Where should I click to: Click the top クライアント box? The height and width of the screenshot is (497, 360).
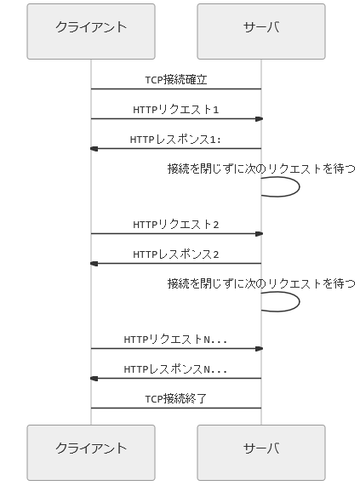[91, 31]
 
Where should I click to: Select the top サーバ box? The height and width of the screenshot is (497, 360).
[261, 31]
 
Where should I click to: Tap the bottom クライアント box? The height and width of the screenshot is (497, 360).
[91, 453]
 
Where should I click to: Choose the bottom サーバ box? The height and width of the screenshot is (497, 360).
[261, 453]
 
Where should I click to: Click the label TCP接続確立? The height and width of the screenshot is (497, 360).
[176, 79]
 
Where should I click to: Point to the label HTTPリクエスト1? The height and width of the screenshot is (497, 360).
[176, 109]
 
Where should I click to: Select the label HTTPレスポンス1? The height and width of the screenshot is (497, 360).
[175, 140]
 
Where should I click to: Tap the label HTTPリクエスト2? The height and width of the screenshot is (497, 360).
[176, 225]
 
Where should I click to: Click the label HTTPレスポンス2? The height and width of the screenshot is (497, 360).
[176, 254]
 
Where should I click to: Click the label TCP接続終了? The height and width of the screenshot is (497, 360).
[176, 399]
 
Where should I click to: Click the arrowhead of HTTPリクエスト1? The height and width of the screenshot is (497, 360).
[260, 119]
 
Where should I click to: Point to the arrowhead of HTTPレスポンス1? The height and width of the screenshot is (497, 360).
[94, 149]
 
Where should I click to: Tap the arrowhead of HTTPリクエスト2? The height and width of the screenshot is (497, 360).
[260, 234]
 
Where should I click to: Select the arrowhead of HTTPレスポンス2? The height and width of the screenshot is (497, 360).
[94, 264]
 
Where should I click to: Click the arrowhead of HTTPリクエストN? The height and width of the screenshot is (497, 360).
[260, 349]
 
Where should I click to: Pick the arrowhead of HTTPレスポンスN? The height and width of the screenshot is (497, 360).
[94, 379]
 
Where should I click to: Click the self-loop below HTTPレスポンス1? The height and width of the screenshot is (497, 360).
[300, 187]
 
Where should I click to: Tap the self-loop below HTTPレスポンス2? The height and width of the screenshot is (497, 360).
[300, 302]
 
